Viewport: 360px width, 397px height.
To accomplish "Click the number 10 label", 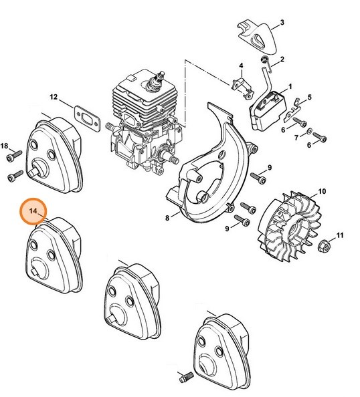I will pos(322,192).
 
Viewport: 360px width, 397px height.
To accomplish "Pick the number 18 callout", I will pos(5,146).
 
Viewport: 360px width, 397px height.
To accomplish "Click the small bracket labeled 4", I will pos(236,82).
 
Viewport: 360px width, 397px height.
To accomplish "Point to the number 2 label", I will pos(282,59).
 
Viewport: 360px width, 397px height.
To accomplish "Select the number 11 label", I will pos(340,235).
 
